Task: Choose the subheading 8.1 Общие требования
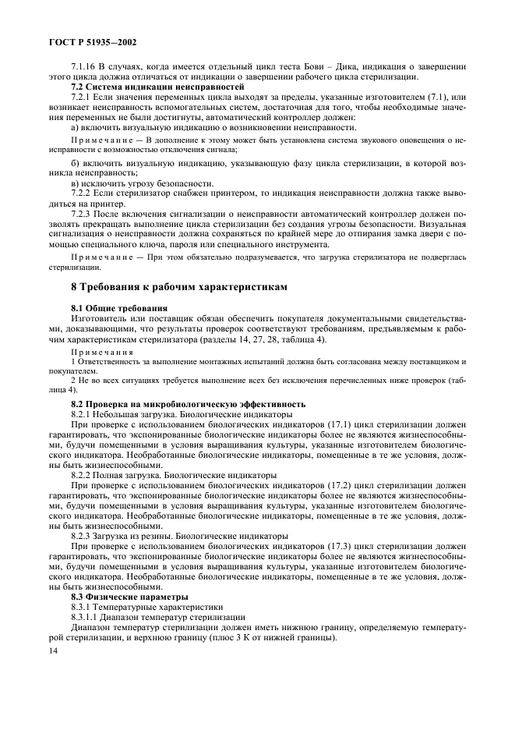coord(116,309)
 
